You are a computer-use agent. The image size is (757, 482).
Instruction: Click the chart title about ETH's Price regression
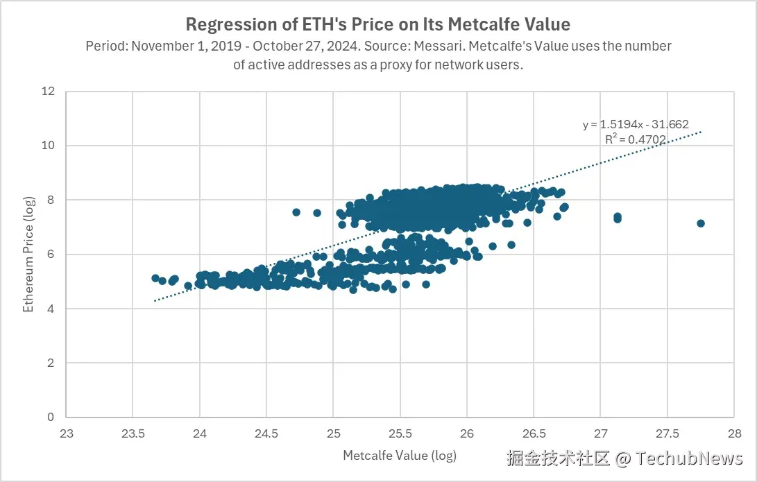378,25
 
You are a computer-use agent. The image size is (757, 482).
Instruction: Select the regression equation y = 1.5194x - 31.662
636,125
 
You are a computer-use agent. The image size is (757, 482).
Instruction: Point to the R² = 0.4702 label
636,139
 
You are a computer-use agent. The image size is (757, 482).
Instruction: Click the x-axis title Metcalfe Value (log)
400,456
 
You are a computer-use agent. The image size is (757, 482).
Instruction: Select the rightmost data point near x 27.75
701,223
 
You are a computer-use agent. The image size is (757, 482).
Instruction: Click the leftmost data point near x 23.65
155,278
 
